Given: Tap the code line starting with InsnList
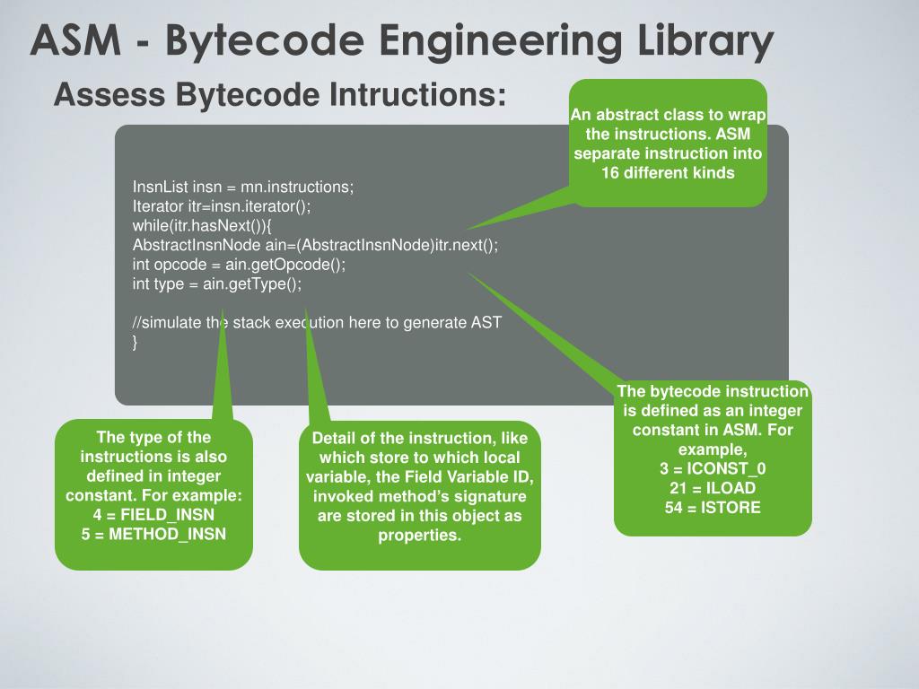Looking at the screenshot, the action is point(243,188).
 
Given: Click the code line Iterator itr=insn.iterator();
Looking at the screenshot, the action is point(222,206).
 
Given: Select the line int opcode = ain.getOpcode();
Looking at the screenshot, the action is point(239,265).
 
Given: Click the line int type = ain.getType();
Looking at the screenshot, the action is point(217,283).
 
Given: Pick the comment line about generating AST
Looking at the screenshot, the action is point(316,323).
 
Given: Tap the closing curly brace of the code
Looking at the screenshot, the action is point(136,342).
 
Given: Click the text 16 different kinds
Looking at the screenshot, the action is point(668,172).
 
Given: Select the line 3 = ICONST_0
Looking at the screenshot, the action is point(713,468).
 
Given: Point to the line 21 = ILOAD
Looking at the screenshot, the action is point(713,488).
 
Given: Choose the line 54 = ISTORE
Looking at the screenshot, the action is point(713,508).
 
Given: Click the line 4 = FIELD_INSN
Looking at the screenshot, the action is point(153,515).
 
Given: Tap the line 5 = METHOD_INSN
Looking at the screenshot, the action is point(153,535).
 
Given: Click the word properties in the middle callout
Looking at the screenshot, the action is point(419,536).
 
